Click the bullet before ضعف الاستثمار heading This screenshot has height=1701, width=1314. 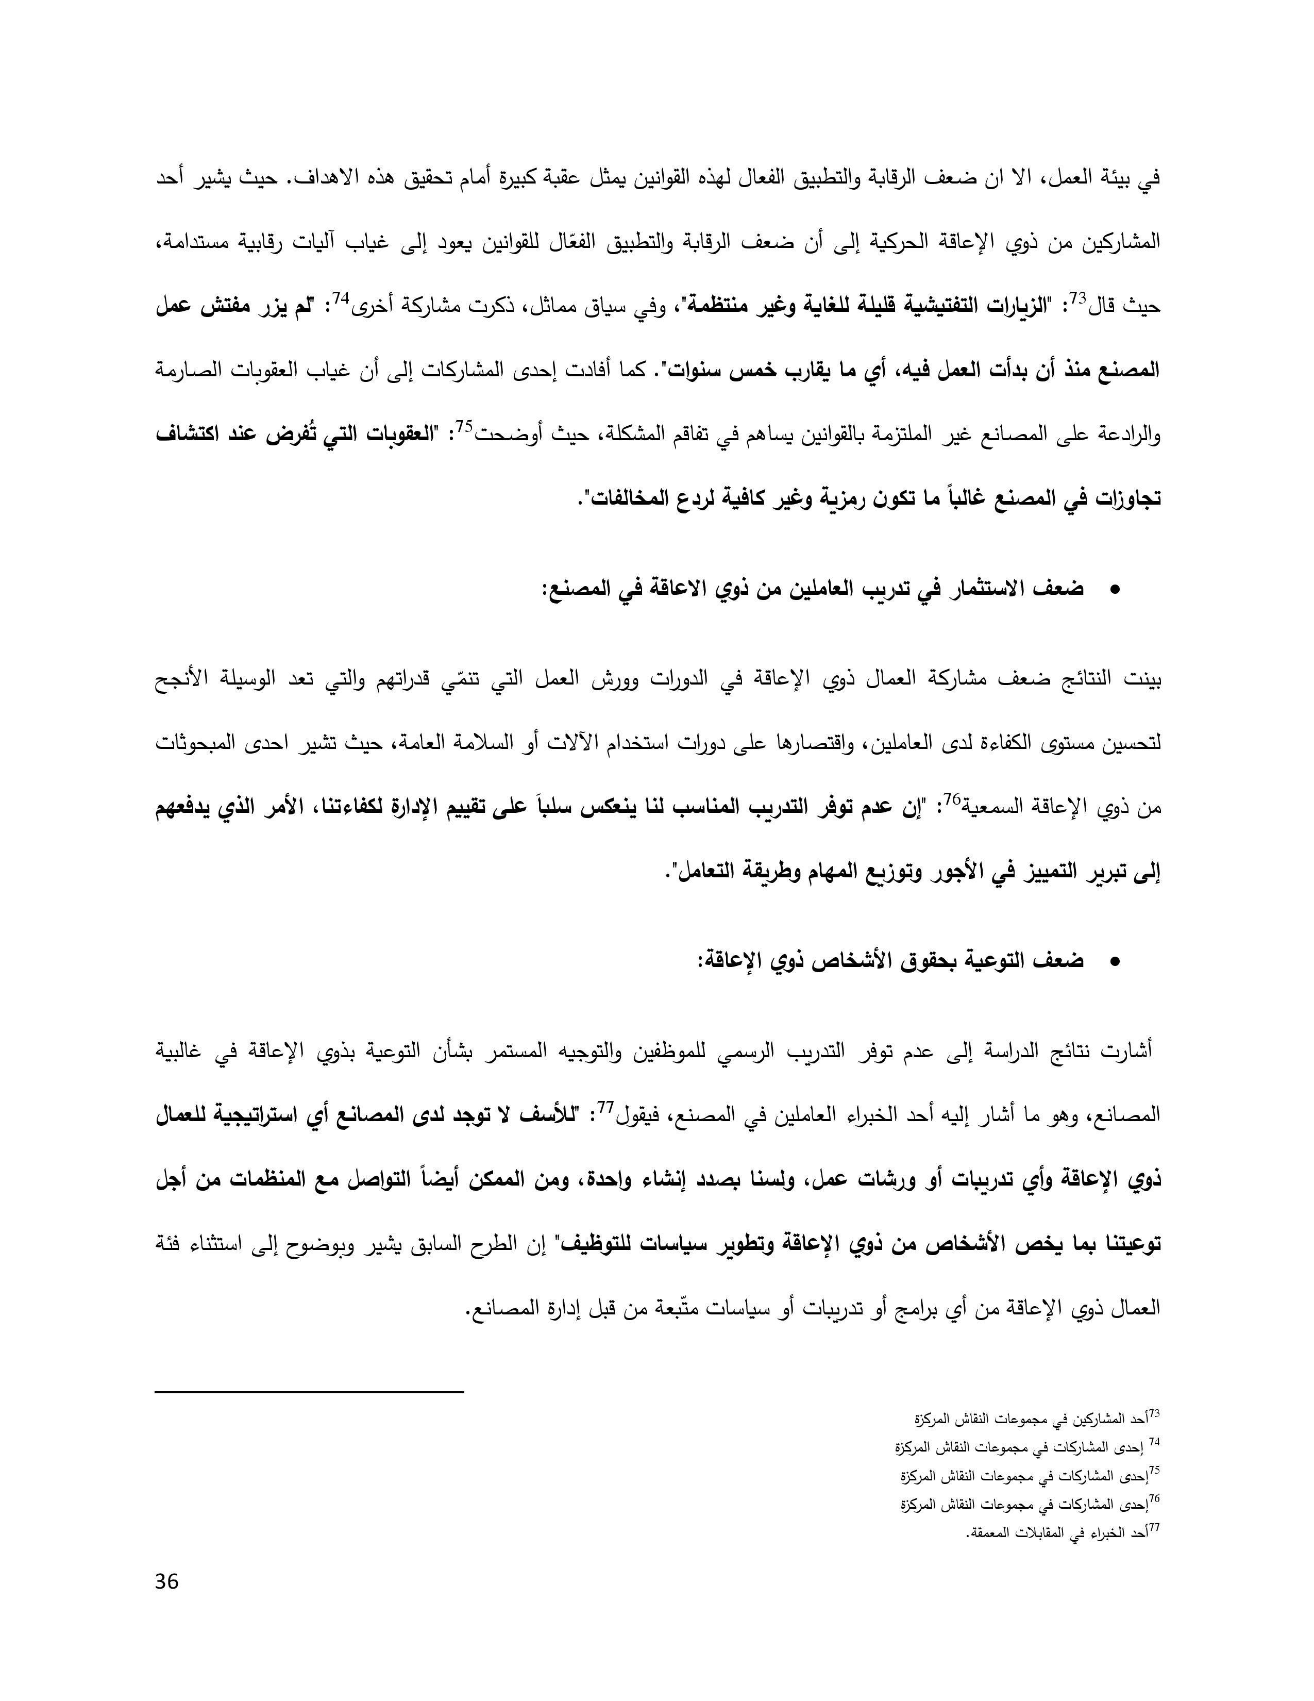pyautogui.click(x=1114, y=591)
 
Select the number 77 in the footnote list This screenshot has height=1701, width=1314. pyautogui.click(x=1154, y=1528)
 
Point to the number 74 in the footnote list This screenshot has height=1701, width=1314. pyautogui.click(x=1154, y=1442)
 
